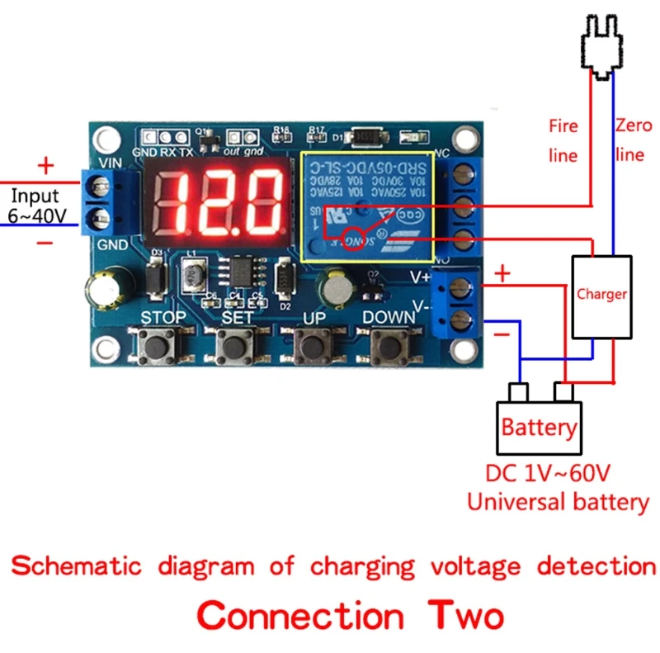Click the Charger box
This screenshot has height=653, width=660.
601,296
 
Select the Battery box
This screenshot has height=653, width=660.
539,427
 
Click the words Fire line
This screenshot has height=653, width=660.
563,140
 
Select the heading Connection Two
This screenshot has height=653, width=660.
351,616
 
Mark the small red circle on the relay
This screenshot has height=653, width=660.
353,234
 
